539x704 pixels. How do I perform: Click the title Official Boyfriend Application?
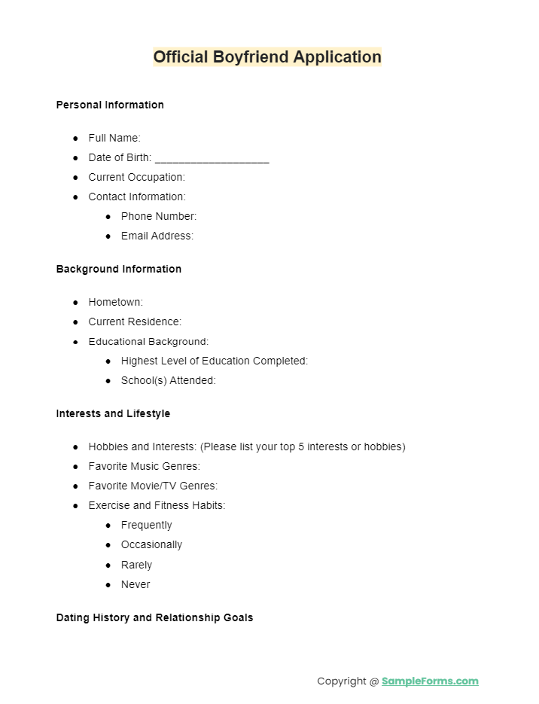point(267,57)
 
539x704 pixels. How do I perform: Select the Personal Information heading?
point(110,105)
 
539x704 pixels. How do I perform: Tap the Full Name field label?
point(114,138)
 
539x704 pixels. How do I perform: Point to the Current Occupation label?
point(136,177)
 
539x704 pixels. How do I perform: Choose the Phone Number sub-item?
point(159,216)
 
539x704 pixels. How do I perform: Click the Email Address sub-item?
point(157,236)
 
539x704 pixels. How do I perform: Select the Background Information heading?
point(119,269)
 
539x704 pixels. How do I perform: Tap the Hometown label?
point(116,302)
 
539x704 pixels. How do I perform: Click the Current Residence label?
point(135,322)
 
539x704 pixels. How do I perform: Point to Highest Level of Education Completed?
point(215,361)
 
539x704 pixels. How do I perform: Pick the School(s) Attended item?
point(169,380)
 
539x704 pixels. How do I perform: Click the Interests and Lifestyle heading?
point(113,413)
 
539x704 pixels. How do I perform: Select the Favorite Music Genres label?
point(145,466)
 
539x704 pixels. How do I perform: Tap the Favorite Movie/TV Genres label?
point(153,486)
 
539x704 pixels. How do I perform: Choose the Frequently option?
point(147,525)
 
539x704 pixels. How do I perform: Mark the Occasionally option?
point(151,544)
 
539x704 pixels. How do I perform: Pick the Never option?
point(136,584)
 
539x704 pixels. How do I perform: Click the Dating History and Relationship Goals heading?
point(154,617)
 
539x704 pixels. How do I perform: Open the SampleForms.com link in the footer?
point(430,681)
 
